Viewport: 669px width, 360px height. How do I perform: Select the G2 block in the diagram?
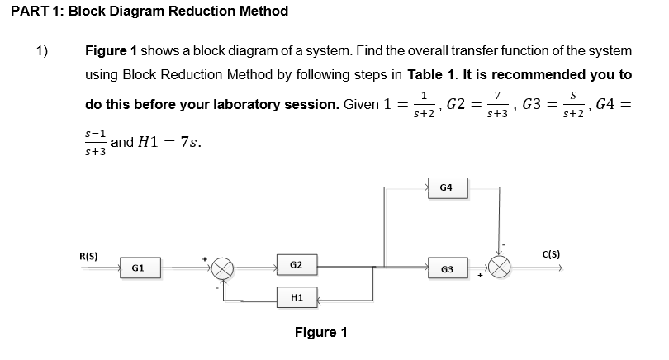click(297, 265)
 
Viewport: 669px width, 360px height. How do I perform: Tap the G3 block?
click(447, 269)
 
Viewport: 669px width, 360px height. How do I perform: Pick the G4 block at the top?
click(446, 188)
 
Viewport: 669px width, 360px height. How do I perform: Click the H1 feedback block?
click(297, 297)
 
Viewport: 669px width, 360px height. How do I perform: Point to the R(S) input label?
click(88, 255)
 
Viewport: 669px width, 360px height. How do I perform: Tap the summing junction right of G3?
click(501, 269)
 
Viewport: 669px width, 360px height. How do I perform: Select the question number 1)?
click(42, 51)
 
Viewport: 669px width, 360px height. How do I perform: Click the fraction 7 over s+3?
click(496, 104)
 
